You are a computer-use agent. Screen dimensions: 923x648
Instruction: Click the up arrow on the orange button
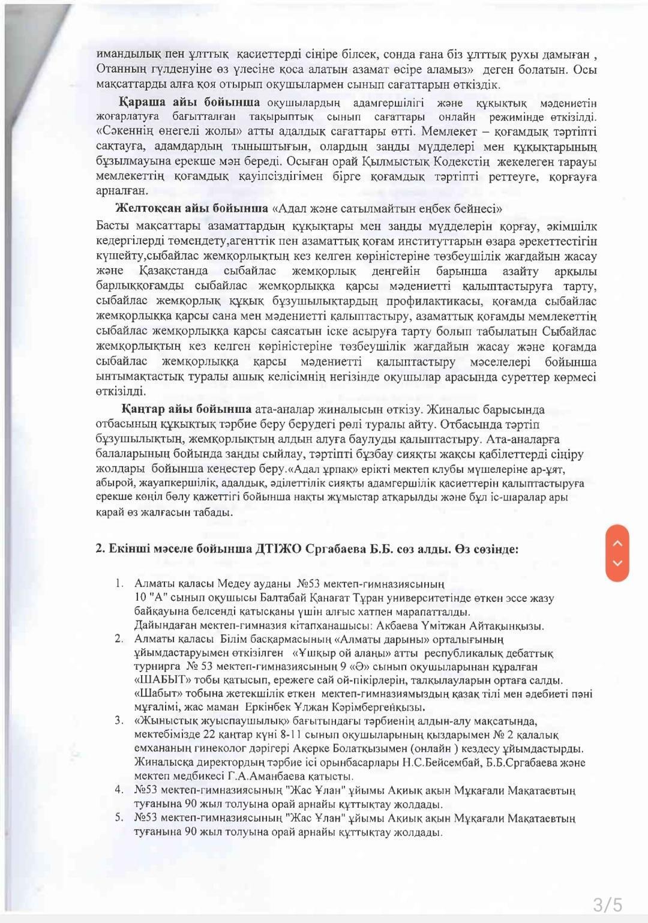pyautogui.click(x=617, y=543)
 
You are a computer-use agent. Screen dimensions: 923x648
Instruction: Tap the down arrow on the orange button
pyautogui.click(x=617, y=564)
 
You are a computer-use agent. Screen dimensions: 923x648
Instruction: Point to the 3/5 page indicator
pyautogui.click(x=608, y=904)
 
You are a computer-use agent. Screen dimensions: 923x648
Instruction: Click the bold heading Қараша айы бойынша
pyautogui.click(x=189, y=101)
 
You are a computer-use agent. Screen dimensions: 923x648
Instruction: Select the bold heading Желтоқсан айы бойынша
pyautogui.click(x=191, y=208)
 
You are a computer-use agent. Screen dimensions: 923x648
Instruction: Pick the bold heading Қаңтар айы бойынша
pyautogui.click(x=187, y=409)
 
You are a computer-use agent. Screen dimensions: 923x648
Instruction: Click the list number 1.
pyautogui.click(x=119, y=583)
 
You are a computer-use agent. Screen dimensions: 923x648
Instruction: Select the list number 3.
pyautogui.click(x=119, y=720)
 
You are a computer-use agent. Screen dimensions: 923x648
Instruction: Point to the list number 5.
pyautogui.click(x=119, y=817)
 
